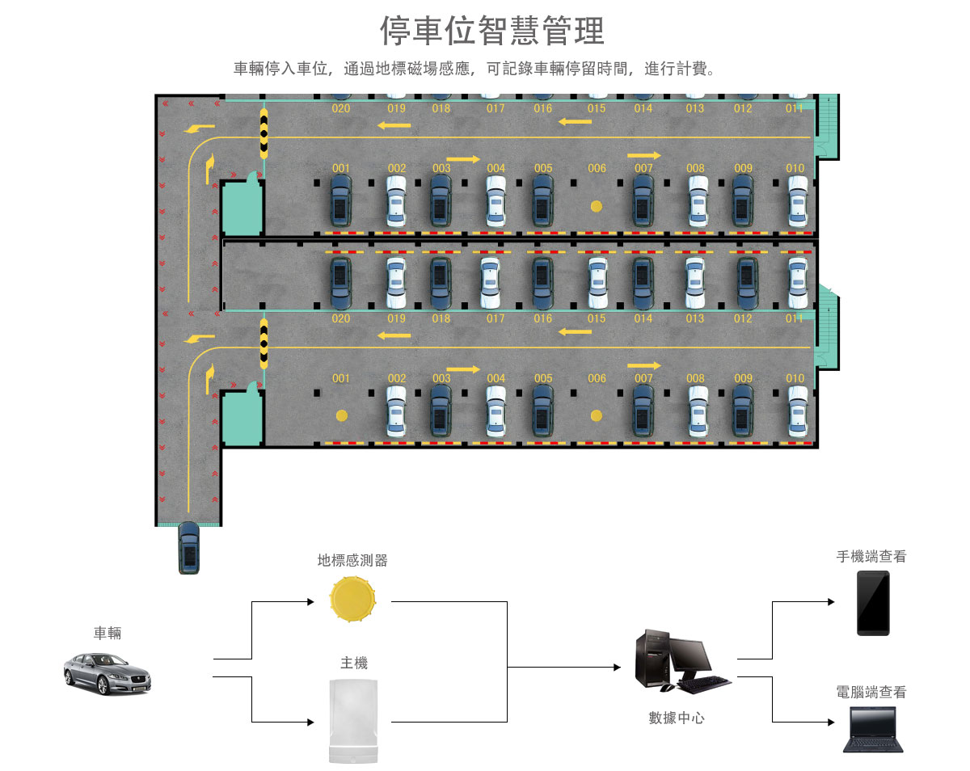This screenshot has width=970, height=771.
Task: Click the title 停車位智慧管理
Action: pos(491,32)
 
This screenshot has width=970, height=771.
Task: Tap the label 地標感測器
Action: pos(352,560)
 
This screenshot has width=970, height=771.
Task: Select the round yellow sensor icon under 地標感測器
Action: pos(353,600)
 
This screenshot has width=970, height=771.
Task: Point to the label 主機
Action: pos(354,663)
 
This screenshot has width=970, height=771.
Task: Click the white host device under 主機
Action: pos(354,721)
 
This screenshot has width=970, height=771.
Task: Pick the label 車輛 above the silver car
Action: pos(108,633)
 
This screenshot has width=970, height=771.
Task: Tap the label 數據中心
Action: pos(677,717)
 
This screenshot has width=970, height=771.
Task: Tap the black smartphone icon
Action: pos(873,603)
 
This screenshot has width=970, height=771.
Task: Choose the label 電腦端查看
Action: pos(871,692)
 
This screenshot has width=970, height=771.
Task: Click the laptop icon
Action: pos(871,729)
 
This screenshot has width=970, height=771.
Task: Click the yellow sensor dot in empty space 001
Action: pos(342,415)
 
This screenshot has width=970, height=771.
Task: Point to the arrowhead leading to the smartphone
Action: pos(829,602)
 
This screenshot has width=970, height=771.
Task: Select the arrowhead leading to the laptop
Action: pos(829,722)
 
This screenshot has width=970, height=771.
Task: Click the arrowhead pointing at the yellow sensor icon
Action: pos(309,602)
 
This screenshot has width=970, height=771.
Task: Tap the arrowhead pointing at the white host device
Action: pos(309,722)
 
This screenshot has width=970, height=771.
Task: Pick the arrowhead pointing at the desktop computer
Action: pos(617,668)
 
